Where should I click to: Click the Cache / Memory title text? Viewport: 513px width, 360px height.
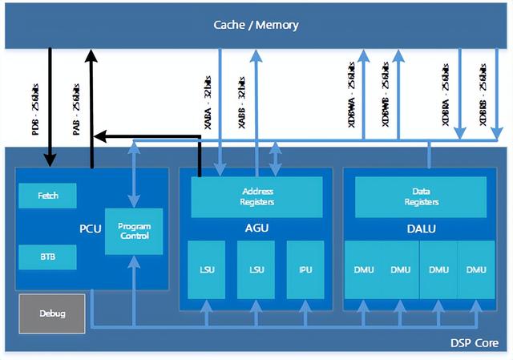pos(256,24)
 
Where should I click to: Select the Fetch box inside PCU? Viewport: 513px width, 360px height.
pos(47,196)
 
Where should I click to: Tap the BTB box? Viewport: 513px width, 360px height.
pos(47,257)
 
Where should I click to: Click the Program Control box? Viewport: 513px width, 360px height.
pos(134,232)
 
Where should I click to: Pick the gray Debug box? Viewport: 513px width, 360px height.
pos(52,313)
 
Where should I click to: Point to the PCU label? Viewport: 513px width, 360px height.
pos(89,228)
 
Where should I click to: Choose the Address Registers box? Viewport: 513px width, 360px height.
pos(257,196)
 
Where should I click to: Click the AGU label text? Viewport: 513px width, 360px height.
pos(256,228)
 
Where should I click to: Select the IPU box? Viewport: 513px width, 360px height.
pos(305,269)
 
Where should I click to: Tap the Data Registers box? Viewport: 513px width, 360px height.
pos(421,196)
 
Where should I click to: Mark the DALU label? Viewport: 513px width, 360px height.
pos(421,228)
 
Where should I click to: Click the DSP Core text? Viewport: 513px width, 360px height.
pos(475,343)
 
